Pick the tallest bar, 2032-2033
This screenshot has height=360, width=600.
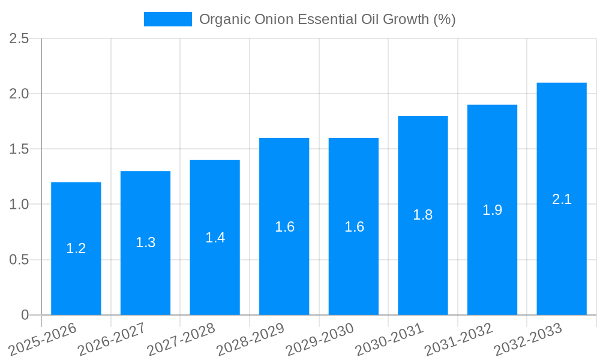pos(562,252)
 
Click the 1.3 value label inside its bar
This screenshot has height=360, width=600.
pos(145,242)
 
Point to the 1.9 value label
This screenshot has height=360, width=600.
pos(492,210)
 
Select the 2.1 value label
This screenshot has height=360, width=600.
pos(562,199)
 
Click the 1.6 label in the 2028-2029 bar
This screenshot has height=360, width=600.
pos(284,227)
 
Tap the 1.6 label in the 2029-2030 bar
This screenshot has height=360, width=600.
pos(354,227)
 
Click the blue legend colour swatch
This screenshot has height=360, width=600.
pos(167,19)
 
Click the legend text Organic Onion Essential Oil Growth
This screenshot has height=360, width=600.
pos(327,19)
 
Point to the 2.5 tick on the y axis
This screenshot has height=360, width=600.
pos(19,38)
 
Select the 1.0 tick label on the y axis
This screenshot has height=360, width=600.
pos(19,205)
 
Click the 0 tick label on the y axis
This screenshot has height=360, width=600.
pos(25,315)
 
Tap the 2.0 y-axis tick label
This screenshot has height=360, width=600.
pos(19,94)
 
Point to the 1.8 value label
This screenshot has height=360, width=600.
pos(423,215)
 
